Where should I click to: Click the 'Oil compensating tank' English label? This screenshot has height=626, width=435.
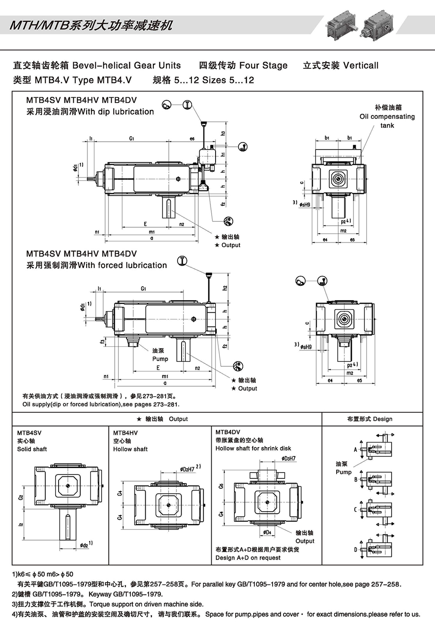387,121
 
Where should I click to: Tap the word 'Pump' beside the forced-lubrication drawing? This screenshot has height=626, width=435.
160,359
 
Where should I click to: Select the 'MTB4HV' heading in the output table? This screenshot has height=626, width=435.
125,433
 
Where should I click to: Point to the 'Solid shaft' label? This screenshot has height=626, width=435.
32,449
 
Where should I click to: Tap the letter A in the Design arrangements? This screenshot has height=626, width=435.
356,449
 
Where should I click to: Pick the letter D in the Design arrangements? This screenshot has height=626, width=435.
356,549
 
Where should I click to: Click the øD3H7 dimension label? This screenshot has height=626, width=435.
288,458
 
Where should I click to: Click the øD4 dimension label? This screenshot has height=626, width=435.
268,532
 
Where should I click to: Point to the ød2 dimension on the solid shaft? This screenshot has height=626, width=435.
84,545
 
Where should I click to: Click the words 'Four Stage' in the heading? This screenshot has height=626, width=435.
263,65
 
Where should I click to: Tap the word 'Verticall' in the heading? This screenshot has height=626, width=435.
361,65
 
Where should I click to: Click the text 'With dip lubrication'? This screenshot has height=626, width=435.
116,112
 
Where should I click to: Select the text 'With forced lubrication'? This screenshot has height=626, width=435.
122,265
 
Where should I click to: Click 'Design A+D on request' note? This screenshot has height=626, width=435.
248,558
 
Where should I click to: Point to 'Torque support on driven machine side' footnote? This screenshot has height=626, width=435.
146,604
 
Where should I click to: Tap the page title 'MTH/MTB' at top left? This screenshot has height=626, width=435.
38,26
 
